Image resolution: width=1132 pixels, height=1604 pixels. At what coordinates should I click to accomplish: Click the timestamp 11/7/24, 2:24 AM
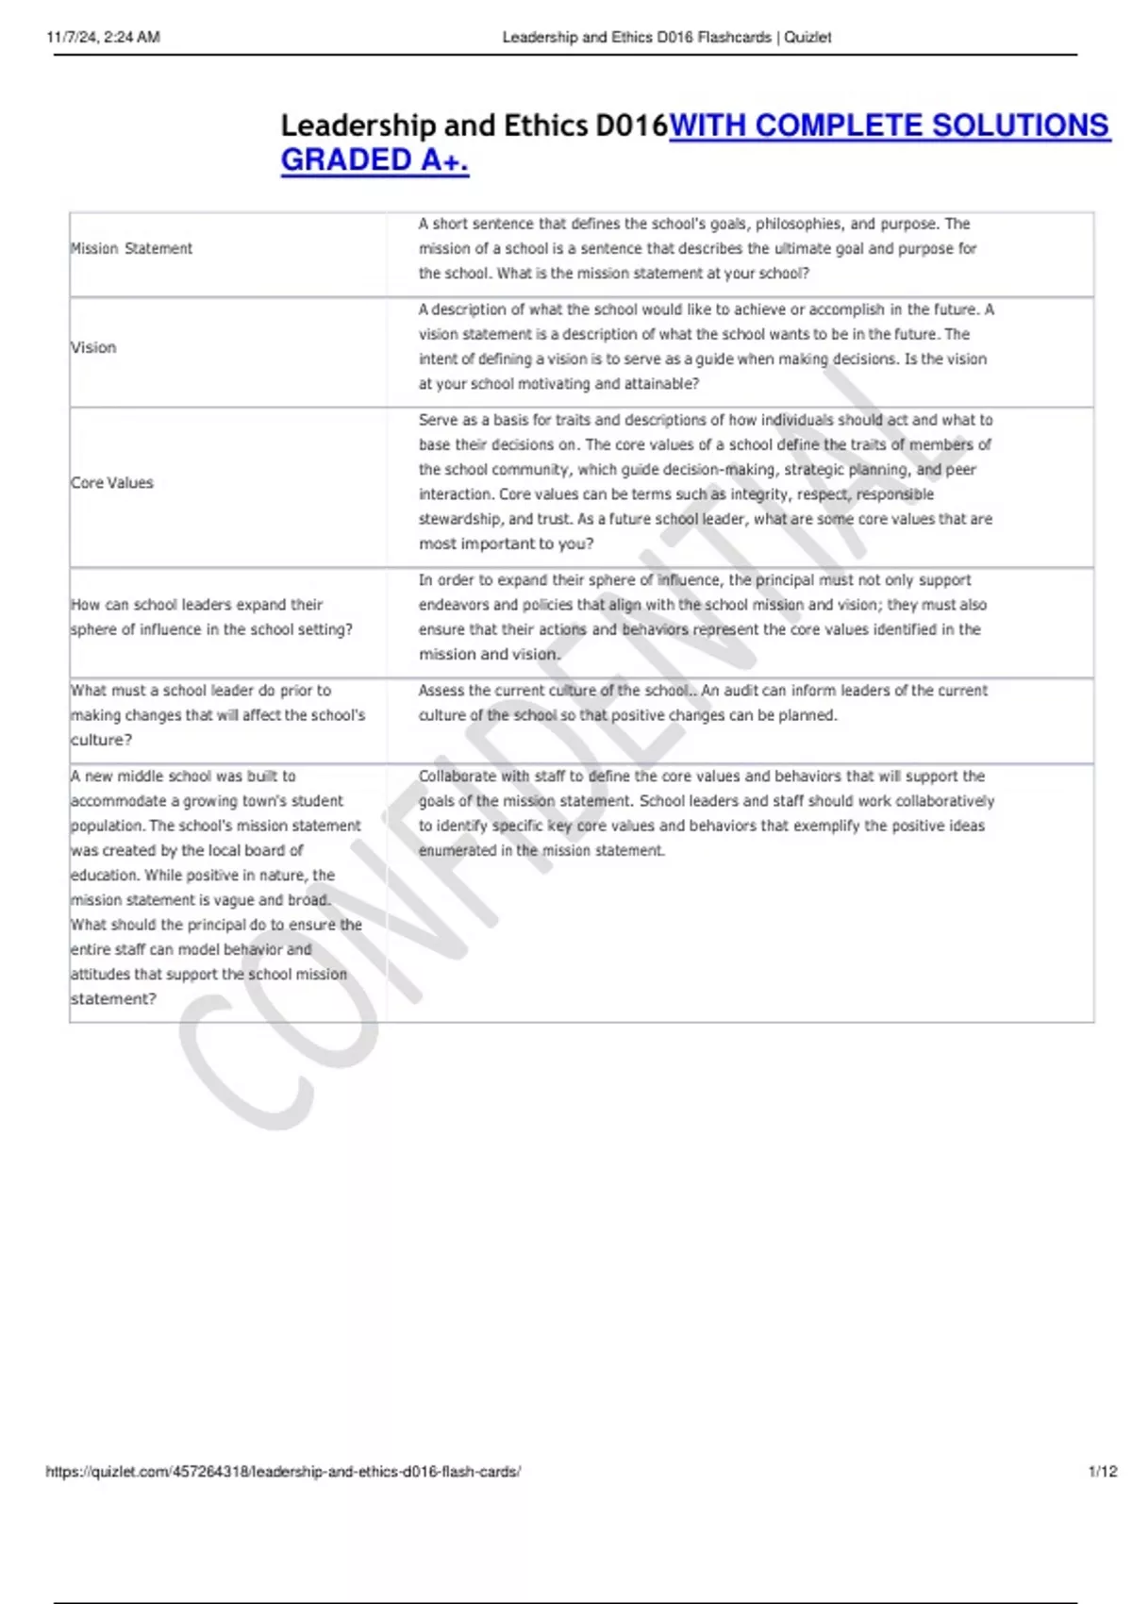tap(104, 38)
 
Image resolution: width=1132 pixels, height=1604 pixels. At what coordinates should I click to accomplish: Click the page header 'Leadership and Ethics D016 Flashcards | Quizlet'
tap(666, 38)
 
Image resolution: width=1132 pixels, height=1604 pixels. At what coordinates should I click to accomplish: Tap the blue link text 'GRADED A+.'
tap(375, 160)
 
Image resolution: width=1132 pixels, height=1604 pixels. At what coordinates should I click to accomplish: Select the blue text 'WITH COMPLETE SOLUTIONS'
tap(889, 125)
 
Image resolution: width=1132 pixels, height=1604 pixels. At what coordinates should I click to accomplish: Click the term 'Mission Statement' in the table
tap(131, 249)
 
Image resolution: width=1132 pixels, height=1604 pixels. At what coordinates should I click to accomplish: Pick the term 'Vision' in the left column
tap(93, 348)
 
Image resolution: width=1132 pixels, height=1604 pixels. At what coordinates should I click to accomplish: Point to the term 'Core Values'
tap(111, 483)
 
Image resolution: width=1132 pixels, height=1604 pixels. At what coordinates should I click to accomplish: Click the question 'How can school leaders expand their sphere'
tap(196, 605)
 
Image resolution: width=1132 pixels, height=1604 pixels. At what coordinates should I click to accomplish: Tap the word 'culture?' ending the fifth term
tap(101, 741)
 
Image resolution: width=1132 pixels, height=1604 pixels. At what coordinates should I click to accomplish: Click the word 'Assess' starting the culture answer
tap(441, 691)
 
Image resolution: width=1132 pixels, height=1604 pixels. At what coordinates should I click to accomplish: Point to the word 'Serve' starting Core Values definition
tap(438, 420)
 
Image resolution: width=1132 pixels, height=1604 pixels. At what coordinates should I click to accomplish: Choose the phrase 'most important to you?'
tap(506, 544)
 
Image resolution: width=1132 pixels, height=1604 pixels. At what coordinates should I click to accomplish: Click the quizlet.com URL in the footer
tap(283, 1471)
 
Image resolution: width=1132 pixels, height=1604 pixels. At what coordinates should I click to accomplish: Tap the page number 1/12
tap(1102, 1471)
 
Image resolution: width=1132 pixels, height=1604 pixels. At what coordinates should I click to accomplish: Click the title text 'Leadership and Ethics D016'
tap(474, 125)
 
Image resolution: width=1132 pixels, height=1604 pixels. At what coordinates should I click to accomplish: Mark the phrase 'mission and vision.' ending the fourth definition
tap(489, 655)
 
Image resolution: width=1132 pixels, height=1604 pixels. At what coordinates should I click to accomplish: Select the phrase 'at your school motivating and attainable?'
tap(558, 384)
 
